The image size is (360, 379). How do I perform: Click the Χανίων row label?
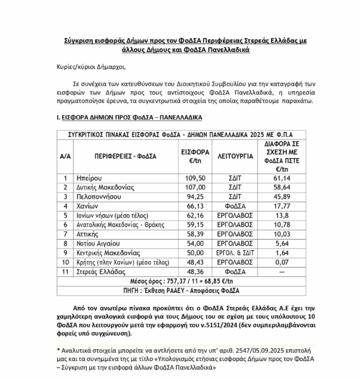click(x=87, y=206)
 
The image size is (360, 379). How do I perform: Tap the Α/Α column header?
click(x=65, y=156)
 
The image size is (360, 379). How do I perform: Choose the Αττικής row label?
click(x=88, y=235)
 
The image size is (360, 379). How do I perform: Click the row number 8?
click(x=65, y=244)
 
